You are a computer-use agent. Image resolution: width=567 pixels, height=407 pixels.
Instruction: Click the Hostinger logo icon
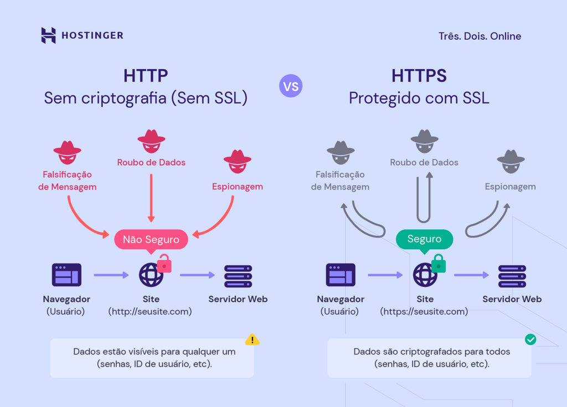49,35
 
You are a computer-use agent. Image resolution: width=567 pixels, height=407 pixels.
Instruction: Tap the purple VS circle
291,86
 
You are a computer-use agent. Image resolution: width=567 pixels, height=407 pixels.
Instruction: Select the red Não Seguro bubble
151,240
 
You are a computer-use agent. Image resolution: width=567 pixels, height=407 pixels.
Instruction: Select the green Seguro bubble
424,239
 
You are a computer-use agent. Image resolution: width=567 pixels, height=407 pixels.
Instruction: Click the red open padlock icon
164,264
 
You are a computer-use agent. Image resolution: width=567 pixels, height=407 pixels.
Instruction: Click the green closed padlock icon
439,264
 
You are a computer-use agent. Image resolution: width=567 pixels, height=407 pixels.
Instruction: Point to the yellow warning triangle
252,339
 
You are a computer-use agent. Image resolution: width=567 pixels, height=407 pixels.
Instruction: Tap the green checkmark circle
530,339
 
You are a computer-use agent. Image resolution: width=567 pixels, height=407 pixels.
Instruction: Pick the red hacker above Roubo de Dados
151,141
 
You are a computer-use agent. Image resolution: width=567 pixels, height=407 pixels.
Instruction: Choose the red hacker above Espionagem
238,161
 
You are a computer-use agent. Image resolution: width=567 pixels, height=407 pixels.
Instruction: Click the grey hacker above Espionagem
511,161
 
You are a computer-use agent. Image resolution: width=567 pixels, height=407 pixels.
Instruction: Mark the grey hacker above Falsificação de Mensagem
341,152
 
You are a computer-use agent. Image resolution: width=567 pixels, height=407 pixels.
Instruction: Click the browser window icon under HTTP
66,275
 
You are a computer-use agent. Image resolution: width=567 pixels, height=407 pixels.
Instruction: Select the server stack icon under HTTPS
512,276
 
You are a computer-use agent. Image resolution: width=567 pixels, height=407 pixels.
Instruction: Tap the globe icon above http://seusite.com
151,275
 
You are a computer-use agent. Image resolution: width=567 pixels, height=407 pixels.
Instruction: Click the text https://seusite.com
424,312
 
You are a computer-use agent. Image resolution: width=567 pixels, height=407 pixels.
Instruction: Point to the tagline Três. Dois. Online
480,37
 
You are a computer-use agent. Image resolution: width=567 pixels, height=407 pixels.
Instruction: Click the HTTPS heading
419,76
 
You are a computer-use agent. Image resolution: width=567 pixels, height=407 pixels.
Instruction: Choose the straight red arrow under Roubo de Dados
151,197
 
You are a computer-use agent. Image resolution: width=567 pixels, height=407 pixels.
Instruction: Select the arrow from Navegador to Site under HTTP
111,275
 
